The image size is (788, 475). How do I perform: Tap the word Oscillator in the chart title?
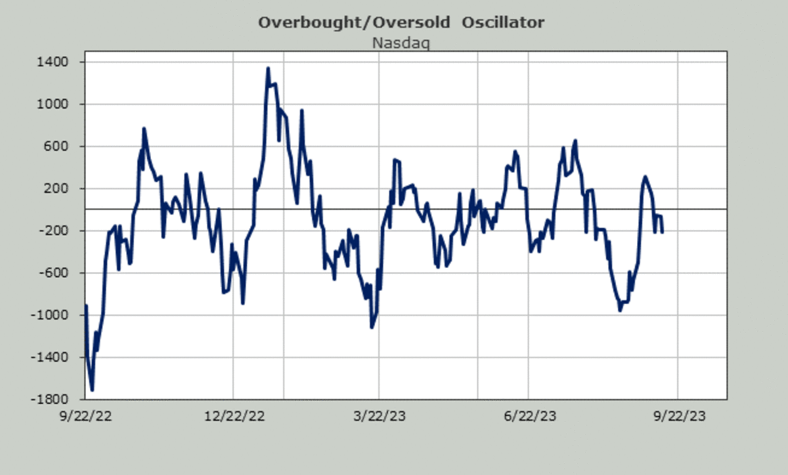point(502,23)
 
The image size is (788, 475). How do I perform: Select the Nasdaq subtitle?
point(401,43)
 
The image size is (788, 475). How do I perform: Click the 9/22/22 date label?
point(85,416)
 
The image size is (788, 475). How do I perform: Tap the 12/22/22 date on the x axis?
point(234,416)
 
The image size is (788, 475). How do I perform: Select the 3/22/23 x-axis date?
point(380,416)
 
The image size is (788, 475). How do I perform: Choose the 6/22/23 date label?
point(529,416)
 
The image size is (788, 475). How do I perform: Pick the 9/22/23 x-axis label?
point(677,416)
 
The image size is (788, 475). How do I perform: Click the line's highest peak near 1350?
point(268,68)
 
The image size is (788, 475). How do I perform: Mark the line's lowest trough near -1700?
point(92,390)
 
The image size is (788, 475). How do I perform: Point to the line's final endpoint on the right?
point(662,232)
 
